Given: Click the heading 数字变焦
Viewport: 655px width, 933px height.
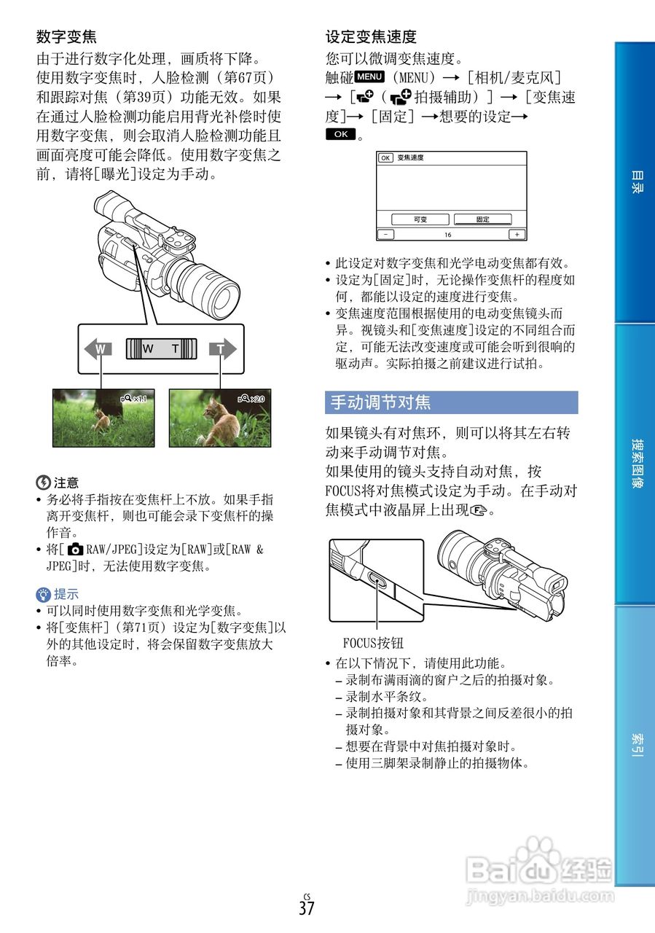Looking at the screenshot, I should click(66, 36).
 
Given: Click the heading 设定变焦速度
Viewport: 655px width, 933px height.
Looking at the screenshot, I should click(371, 36).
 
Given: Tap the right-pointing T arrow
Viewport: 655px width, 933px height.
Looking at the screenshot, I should click(222, 349).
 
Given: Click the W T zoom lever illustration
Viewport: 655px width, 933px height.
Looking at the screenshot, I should click(161, 349).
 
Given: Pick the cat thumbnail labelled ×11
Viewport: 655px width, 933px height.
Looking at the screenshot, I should click(103, 418).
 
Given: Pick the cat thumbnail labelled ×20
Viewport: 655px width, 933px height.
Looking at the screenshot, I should click(220, 418).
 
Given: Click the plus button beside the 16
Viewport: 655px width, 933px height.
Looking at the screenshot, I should click(517, 235).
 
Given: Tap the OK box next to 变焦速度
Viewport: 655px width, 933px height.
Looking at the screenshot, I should click(385, 157).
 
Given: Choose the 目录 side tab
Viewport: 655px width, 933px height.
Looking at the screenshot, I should click(635, 182).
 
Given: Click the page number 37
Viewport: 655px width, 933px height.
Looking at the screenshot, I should click(306, 908).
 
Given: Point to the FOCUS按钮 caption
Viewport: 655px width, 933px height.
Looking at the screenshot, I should click(372, 644).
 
